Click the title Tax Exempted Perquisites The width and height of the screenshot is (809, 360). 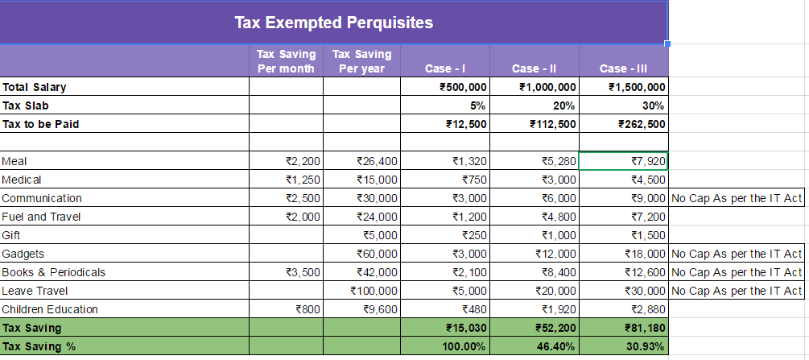[x=334, y=23]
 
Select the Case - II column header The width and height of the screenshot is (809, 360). [x=534, y=68]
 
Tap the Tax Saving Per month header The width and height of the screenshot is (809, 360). [x=287, y=61]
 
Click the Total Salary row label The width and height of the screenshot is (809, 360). [x=34, y=87]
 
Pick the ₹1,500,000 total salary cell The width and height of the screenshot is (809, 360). [x=638, y=87]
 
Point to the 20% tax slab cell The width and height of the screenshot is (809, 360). [x=565, y=106]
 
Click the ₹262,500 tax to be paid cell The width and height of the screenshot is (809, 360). [x=642, y=124]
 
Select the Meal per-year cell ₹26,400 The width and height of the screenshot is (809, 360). [x=378, y=161]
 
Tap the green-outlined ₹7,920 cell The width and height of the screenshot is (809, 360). [x=624, y=161]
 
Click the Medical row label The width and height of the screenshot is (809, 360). [x=21, y=180]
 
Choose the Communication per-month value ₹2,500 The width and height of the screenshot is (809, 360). [x=303, y=198]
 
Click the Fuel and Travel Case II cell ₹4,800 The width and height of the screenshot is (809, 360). [x=559, y=217]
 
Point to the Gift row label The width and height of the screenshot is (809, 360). [x=10, y=235]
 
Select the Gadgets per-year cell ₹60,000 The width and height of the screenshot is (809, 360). [x=378, y=254]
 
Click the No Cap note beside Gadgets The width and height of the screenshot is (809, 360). [x=737, y=254]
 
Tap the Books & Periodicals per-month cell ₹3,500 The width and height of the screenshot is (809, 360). [x=303, y=273]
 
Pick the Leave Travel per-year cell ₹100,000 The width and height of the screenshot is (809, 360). [x=374, y=292]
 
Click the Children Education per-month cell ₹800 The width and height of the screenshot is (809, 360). [x=308, y=310]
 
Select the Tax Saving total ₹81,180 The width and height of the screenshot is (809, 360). [x=645, y=328]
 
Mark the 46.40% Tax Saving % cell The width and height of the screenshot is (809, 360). [x=557, y=346]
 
